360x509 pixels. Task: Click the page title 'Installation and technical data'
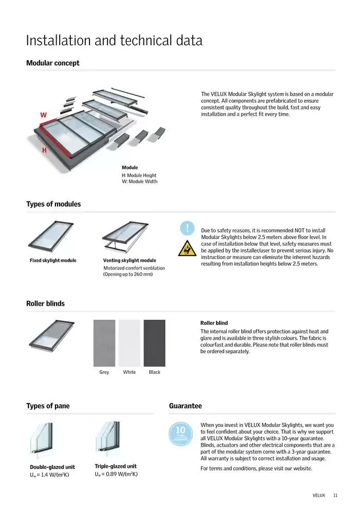coord(114,41)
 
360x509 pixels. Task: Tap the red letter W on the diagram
coord(43,115)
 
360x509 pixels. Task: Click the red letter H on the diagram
coord(44,150)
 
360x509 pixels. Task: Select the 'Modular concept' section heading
coord(53,63)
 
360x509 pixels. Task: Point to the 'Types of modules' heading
coord(53,204)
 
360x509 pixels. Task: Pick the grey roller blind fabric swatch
coord(104,343)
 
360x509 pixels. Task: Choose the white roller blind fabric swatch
coord(130,343)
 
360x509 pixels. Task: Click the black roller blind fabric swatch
coord(154,343)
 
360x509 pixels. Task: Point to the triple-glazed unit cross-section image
coord(110,439)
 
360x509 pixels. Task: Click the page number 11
coord(335,496)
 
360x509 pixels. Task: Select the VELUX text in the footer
coord(319,496)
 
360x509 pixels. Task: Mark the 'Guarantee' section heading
coord(185,406)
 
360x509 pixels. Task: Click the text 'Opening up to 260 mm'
coord(129,275)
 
